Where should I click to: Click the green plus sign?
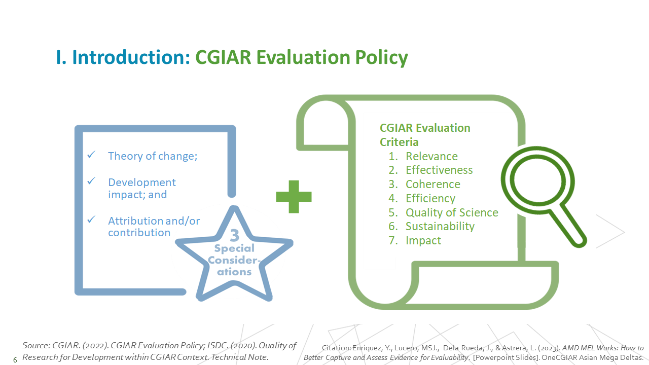pyautogui.click(x=294, y=197)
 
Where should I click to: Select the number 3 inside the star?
pyautogui.click(x=235, y=235)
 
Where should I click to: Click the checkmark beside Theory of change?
pyautogui.click(x=91, y=155)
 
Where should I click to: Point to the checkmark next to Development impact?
pyautogui.click(x=91, y=181)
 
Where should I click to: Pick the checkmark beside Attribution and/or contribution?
pyautogui.click(x=91, y=220)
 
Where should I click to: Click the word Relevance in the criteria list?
pyautogui.click(x=431, y=157)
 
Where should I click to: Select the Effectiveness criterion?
pyautogui.click(x=439, y=170)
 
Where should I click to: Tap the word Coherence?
pyautogui.click(x=433, y=184)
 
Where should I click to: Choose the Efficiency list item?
pyautogui.click(x=430, y=198)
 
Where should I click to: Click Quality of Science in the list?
pyautogui.click(x=452, y=212)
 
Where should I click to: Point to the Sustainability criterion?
pyautogui.click(x=440, y=226)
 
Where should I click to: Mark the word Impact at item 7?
pyautogui.click(x=423, y=240)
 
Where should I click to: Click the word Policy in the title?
pyautogui.click(x=382, y=57)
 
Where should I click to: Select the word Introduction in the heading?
pyautogui.click(x=131, y=57)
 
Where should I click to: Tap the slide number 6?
pyautogui.click(x=15, y=360)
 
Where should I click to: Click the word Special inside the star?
pyautogui.click(x=234, y=248)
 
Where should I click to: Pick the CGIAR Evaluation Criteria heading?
pyautogui.click(x=425, y=135)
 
